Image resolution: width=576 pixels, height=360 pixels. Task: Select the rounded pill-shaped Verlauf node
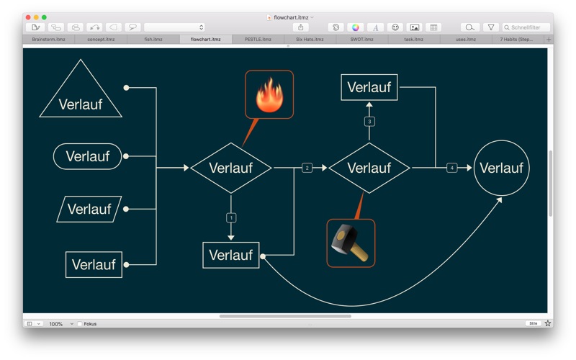pos(88,156)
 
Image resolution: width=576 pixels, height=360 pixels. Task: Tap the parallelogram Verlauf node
pos(89,210)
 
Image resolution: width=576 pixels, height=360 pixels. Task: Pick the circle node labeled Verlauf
pos(501,168)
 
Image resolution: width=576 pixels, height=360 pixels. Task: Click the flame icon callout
pos(269,94)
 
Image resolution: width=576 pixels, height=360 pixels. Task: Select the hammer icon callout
pos(351,243)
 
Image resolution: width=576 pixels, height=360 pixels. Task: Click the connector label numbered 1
pos(231,217)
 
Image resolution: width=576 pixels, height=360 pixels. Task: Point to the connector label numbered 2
pos(307,168)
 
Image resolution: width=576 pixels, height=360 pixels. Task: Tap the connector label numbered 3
pos(369,122)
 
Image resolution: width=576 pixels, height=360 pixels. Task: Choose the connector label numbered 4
pos(451,168)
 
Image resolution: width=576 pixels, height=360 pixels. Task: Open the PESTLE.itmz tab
pos(258,40)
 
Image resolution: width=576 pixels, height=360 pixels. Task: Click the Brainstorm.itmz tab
pos(48,40)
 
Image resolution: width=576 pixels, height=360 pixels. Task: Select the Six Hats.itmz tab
pos(310,40)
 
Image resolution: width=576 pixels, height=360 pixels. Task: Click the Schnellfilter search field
pos(529,27)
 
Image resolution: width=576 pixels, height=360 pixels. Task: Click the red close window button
pos(27,17)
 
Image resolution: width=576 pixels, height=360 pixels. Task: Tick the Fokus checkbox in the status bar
pos(80,324)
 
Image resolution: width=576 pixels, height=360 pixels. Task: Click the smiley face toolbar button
pos(395,27)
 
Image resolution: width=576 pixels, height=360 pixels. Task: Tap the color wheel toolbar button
pos(355,27)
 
